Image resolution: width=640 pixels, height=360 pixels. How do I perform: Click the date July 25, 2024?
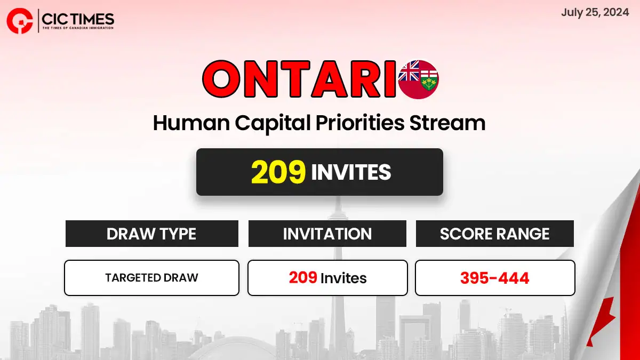click(x=595, y=13)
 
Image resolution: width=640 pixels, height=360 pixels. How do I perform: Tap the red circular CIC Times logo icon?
click(x=20, y=21)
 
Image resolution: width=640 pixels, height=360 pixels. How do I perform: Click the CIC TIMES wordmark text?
click(x=78, y=19)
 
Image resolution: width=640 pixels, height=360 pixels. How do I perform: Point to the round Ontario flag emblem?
click(x=419, y=79)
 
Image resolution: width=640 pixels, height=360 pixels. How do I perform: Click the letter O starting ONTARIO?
click(x=221, y=79)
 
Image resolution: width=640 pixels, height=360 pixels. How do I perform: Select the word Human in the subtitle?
click(x=191, y=123)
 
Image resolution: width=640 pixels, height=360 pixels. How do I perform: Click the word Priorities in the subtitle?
click(x=360, y=123)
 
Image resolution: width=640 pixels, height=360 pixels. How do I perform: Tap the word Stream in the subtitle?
click(x=447, y=123)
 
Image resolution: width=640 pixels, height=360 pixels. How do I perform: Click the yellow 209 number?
click(x=278, y=172)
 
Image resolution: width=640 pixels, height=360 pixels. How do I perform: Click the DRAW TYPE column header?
click(x=151, y=234)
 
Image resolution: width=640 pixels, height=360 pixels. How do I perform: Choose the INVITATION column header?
click(x=327, y=234)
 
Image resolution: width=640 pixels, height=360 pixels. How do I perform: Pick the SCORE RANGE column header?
click(x=495, y=234)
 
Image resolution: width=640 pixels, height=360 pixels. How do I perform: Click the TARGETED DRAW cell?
click(x=151, y=278)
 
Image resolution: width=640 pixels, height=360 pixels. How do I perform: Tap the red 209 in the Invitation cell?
click(x=303, y=277)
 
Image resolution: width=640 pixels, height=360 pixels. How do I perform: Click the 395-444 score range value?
click(x=495, y=278)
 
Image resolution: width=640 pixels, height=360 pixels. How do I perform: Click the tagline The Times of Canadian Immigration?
click(x=78, y=28)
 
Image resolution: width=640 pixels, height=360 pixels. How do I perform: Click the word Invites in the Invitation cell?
click(x=343, y=278)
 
